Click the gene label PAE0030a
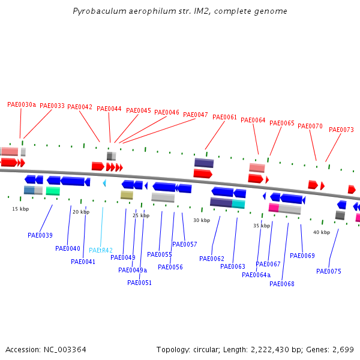(22, 104)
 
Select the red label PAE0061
(224, 117)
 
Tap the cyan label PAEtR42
(101, 250)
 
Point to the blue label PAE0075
(329, 271)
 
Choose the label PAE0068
(282, 284)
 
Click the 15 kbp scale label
(20, 209)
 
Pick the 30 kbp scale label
(202, 220)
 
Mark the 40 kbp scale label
(322, 232)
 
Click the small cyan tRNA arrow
(104, 183)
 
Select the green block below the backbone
(53, 191)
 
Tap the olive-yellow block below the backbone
(127, 195)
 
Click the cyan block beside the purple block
(238, 204)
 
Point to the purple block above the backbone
(204, 163)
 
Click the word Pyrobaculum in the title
(100, 11)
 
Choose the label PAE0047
(196, 115)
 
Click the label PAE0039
(40, 235)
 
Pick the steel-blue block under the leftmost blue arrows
(29, 190)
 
